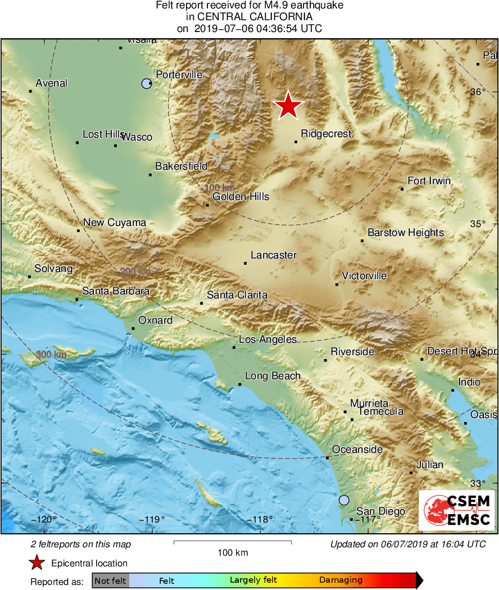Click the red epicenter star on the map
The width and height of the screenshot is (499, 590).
288,106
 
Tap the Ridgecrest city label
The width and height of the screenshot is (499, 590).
326,134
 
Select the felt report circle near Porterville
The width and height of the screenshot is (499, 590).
147,84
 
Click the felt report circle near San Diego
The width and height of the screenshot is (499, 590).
344,500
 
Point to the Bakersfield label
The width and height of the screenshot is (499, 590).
181,166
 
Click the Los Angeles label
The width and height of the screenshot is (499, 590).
267,339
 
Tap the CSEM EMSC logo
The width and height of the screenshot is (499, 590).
456,510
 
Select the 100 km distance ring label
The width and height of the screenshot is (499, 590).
219,187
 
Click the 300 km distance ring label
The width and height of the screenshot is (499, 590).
51,355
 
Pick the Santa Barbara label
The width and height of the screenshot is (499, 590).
116,291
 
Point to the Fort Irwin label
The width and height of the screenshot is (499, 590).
429,181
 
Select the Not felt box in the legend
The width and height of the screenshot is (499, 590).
110,580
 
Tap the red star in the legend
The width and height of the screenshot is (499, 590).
37,563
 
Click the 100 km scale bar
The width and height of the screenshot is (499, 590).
233,542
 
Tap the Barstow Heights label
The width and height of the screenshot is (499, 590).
405,233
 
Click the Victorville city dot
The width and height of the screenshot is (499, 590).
337,284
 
